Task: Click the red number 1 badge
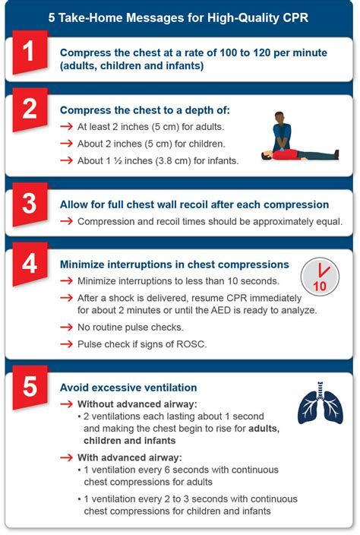(30, 52)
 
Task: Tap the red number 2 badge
(30, 109)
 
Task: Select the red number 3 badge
(30, 204)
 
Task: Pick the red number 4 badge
(30, 264)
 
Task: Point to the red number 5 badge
(30, 388)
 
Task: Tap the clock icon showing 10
(320, 277)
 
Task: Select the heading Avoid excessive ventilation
(128, 388)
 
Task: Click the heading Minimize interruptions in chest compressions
(175, 264)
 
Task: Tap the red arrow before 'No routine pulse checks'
(67, 328)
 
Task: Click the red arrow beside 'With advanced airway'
(67, 457)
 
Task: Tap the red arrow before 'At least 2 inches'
(67, 127)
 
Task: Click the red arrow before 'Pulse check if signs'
(67, 344)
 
